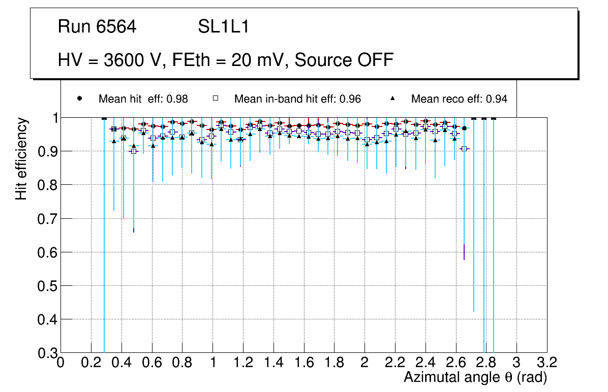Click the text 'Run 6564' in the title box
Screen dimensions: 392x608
click(x=97, y=27)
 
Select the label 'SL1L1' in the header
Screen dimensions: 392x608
click(x=223, y=27)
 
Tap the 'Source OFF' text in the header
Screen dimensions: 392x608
click(x=344, y=60)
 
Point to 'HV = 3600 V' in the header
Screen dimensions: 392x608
click(x=108, y=60)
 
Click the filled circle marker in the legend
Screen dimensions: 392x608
click(x=79, y=99)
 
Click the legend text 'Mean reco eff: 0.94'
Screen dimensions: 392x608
click(x=459, y=99)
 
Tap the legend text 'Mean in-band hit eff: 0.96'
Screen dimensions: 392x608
click(x=297, y=99)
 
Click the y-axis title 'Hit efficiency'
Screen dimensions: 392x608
click(x=21, y=158)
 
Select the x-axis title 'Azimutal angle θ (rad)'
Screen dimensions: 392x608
click(x=475, y=377)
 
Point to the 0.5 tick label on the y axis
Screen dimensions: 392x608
click(x=46, y=286)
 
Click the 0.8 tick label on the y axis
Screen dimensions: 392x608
click(x=46, y=185)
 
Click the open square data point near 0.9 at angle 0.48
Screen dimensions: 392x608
click(x=134, y=151)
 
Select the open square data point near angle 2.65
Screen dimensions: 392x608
click(x=464, y=148)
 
